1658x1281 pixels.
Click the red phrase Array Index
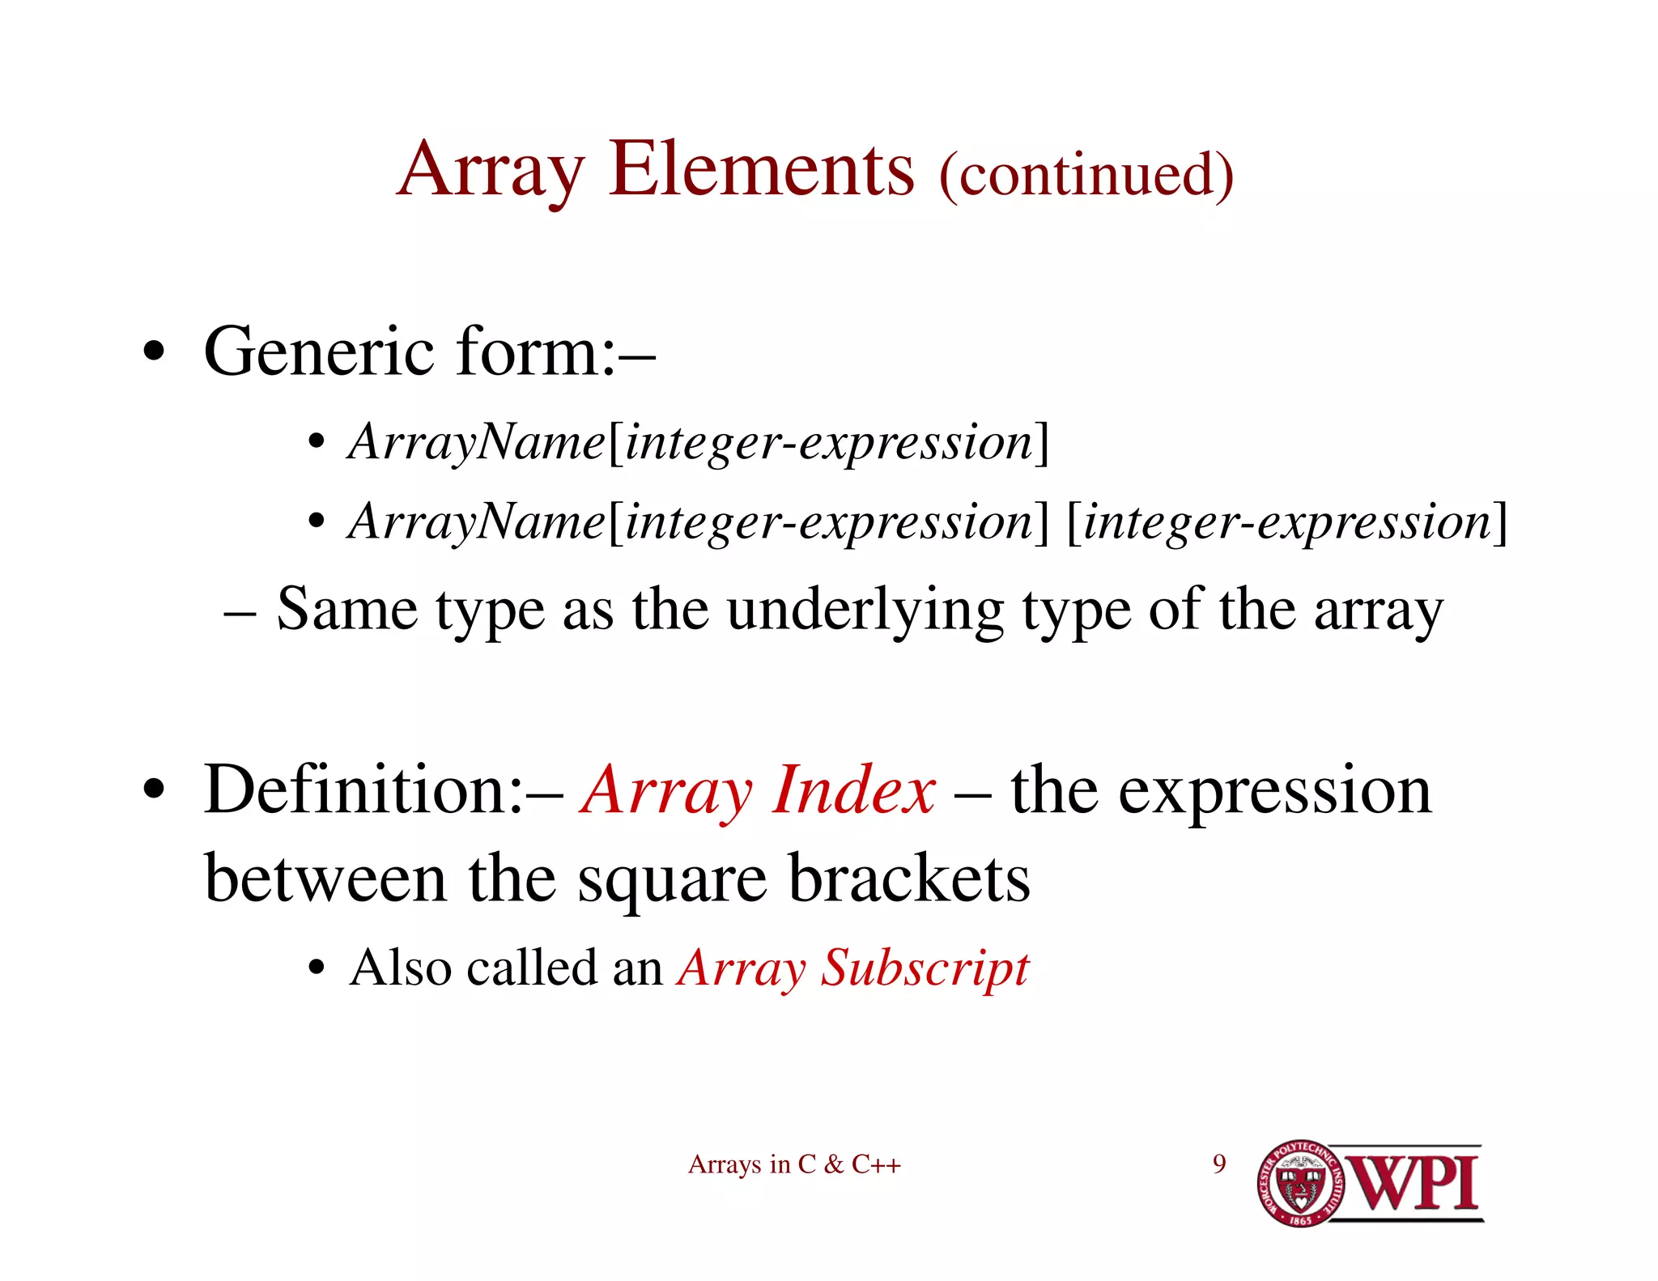(759, 790)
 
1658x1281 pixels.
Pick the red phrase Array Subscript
(853, 967)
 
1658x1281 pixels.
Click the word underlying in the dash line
(865, 609)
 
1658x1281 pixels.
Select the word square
(671, 881)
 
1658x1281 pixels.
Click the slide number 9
(1218, 1164)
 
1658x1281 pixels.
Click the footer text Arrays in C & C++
(794, 1164)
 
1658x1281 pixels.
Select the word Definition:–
(382, 790)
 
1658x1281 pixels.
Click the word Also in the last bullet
(400, 967)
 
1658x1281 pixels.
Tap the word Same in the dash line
(347, 609)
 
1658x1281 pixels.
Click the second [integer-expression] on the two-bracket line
(1287, 521)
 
